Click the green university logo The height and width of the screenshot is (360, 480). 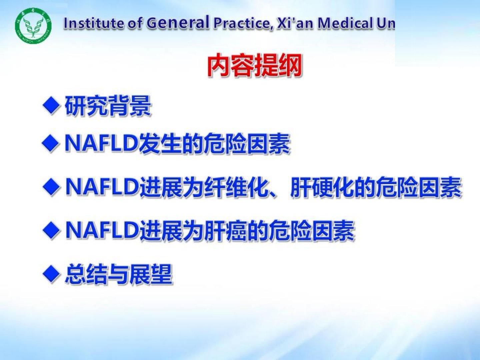[x=33, y=26]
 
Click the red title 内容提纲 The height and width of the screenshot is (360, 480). [x=255, y=65]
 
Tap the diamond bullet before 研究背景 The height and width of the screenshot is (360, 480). [x=51, y=106]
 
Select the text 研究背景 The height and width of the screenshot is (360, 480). [x=108, y=106]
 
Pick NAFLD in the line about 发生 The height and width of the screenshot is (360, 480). [x=102, y=143]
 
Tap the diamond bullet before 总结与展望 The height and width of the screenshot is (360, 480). [x=51, y=274]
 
